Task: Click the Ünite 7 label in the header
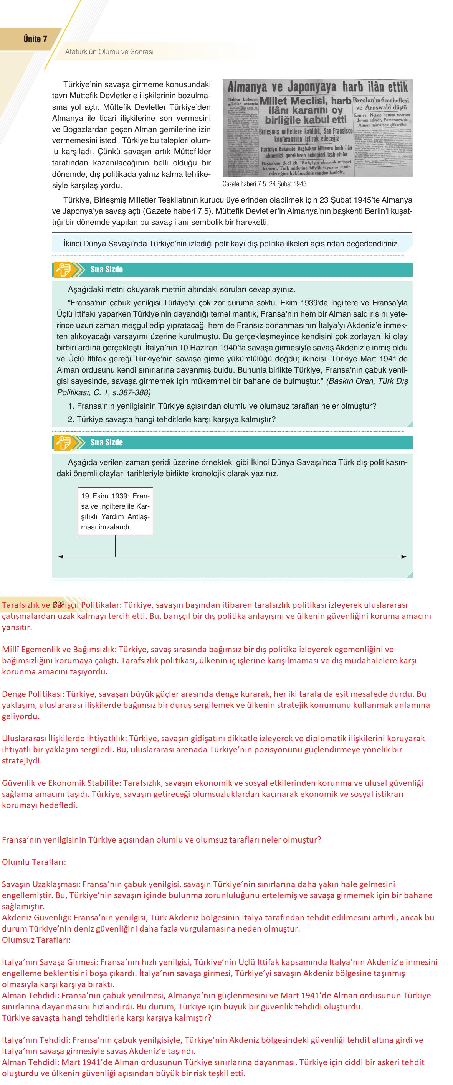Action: pos(35,39)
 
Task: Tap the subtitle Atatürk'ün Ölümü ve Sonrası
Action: pos(109,52)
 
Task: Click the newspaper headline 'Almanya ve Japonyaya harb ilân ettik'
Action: pos(317,87)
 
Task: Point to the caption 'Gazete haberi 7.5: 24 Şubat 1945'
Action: pos(264,184)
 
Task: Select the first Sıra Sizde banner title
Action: pos(106,270)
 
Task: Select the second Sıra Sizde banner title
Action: pos(106,442)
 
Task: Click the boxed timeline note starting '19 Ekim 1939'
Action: pos(115,511)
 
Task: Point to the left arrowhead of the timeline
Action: pos(61,557)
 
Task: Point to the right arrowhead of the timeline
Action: pos(404,557)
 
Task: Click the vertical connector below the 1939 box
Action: pos(115,546)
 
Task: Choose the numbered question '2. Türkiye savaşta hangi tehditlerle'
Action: pos(172,419)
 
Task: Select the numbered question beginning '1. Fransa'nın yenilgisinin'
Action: pos(222,406)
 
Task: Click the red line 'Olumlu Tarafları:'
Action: pos(34,862)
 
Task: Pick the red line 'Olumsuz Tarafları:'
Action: pos(36,940)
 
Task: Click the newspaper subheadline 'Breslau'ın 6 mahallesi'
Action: pos(380,101)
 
